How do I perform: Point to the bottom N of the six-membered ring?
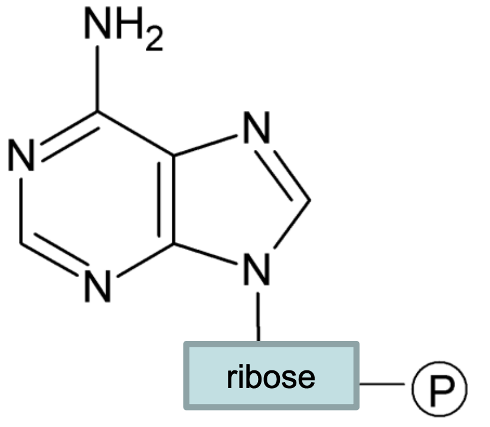pyautogui.click(x=98, y=285)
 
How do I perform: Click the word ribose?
pyautogui.click(x=271, y=376)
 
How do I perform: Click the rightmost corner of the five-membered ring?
pyautogui.click(x=309, y=199)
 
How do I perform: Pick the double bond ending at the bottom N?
pyautogui.click(x=56, y=260)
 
